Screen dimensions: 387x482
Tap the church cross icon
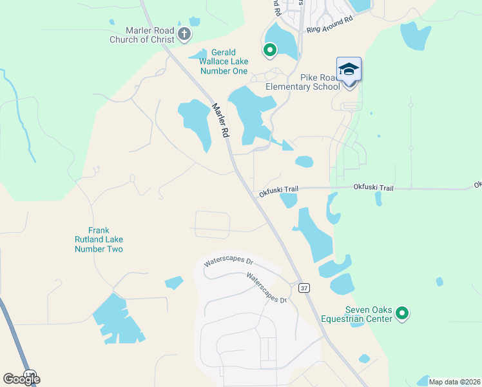[184, 33]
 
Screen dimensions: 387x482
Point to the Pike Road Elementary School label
[303, 82]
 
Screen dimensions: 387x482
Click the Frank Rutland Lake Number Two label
[99, 239]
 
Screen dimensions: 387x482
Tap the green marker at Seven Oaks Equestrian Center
[403, 314]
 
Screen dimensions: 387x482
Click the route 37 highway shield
[304, 288]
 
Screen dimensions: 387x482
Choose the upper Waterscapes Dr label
[229, 263]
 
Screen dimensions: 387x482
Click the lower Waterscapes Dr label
[267, 288]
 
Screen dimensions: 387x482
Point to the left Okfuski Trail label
[278, 190]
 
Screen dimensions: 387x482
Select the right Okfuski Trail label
[372, 187]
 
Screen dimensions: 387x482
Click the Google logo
[21, 379]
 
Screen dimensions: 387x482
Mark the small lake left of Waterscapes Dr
[174, 283]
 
